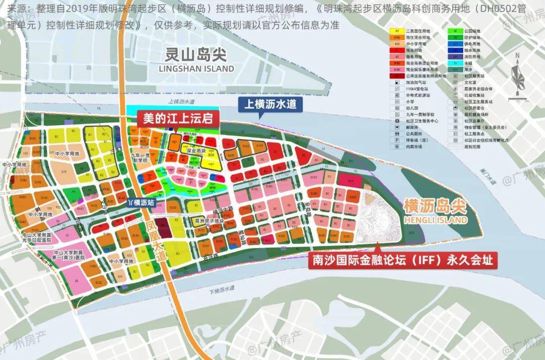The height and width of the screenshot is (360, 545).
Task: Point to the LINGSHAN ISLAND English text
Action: tap(196, 68)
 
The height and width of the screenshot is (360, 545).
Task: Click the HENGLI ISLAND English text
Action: tap(435, 220)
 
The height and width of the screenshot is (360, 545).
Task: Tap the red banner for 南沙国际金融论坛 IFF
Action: tap(402, 261)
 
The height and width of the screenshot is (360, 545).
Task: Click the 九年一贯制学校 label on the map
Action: tap(140, 158)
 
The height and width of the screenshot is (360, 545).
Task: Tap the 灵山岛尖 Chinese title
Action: tap(196, 54)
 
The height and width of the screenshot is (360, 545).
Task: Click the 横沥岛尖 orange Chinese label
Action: tap(435, 206)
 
